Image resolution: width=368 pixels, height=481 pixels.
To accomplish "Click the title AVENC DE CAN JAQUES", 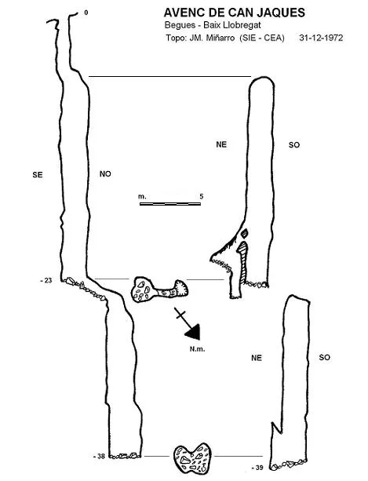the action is pyautogui.click(x=235, y=13).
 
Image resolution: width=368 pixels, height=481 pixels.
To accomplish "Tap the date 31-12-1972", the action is pyautogui.click(x=321, y=38).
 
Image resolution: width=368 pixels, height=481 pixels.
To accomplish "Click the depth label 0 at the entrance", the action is pyautogui.click(x=86, y=13).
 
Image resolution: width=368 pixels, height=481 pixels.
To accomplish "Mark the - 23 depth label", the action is pyautogui.click(x=46, y=280).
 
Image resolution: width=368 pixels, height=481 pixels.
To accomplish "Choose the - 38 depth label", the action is pyautogui.click(x=99, y=456).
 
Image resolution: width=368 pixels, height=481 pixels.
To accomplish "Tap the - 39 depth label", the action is pyautogui.click(x=257, y=468).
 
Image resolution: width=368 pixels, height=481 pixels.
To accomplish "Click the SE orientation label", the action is pyautogui.click(x=38, y=175).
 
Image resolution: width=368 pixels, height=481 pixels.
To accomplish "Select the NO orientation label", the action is pyautogui.click(x=105, y=174).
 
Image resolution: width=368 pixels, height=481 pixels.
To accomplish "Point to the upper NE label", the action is pyautogui.click(x=221, y=144).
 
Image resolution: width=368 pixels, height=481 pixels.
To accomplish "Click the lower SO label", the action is pyautogui.click(x=325, y=357).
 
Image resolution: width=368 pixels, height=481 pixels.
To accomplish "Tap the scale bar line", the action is pyautogui.click(x=170, y=204).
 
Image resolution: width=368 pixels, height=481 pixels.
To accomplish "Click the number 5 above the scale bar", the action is pyautogui.click(x=201, y=196).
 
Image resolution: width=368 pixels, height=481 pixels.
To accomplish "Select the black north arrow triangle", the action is pyautogui.click(x=193, y=332).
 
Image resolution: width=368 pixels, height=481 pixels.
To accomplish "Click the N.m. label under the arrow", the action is pyautogui.click(x=197, y=349).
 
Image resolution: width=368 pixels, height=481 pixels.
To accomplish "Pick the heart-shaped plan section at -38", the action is pyautogui.click(x=192, y=457).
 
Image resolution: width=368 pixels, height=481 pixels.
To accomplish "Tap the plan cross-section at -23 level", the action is pyautogui.click(x=159, y=290).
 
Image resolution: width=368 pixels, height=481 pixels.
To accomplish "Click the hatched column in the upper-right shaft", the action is pyautogui.click(x=243, y=261).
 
